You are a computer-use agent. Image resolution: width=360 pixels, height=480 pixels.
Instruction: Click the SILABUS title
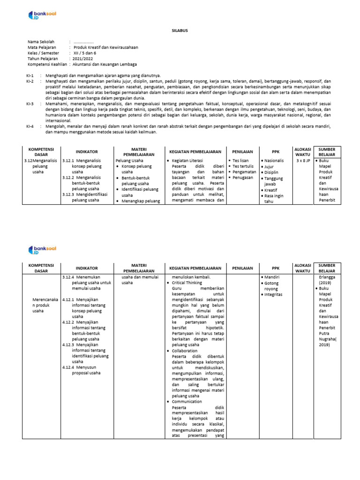tap(180, 30)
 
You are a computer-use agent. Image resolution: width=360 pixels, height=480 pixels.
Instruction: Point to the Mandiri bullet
tap(271, 277)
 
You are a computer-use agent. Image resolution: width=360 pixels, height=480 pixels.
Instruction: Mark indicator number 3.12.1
tap(68, 160)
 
